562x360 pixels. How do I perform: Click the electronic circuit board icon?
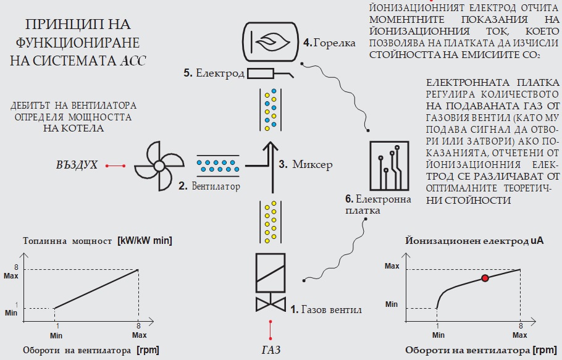[388, 165]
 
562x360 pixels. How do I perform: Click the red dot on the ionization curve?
[485, 278]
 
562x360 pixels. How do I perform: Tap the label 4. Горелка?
[330, 43]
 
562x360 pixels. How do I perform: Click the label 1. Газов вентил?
[325, 309]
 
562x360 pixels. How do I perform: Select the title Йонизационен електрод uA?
[474, 240]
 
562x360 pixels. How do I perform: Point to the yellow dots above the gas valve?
[269, 222]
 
